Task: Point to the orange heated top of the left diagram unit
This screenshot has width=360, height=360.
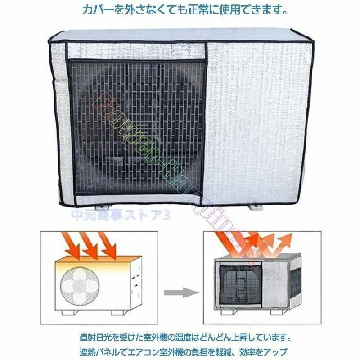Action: pos(90,264)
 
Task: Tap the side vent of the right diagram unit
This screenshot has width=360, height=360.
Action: pos(293,281)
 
